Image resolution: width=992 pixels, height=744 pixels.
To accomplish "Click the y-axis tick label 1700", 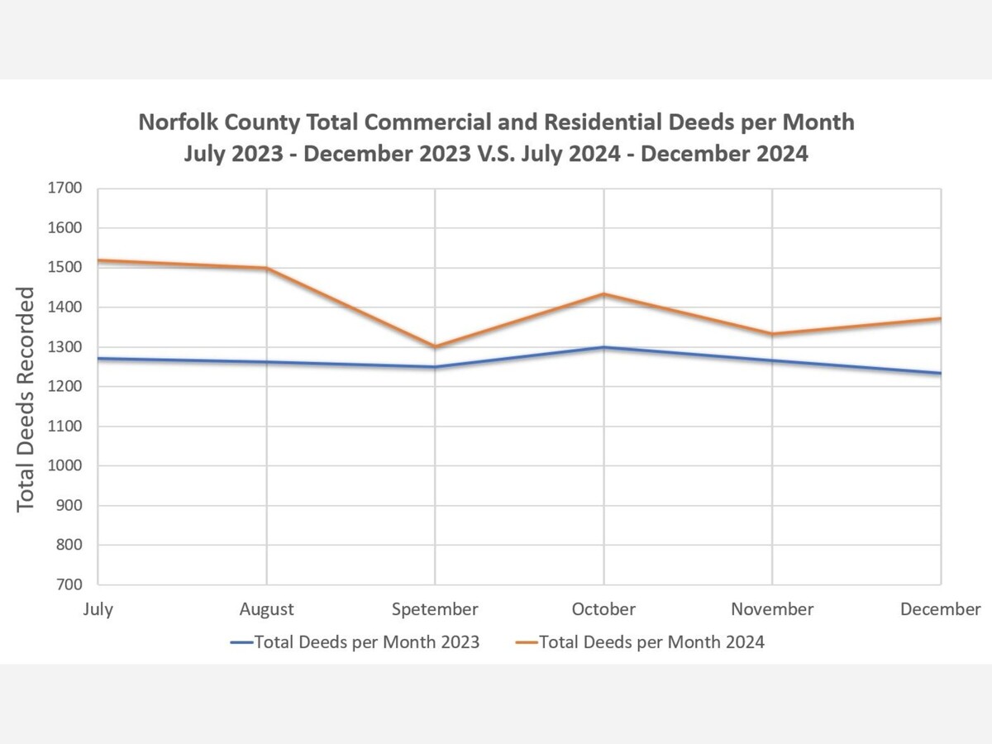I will click(x=64, y=188).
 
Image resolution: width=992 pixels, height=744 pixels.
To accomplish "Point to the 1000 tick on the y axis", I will click(x=64, y=466).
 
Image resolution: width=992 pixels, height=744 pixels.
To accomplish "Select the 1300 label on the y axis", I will click(x=64, y=347).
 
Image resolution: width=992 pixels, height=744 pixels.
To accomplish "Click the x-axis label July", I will click(x=98, y=609).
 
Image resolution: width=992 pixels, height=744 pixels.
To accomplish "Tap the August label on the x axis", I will click(x=266, y=609).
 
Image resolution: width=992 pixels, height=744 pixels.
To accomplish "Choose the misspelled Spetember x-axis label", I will click(x=435, y=609).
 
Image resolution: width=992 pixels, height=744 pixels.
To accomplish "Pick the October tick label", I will click(x=603, y=609).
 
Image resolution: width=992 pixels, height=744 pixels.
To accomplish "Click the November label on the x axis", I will click(x=772, y=609).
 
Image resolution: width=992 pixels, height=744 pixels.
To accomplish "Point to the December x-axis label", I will click(x=940, y=609).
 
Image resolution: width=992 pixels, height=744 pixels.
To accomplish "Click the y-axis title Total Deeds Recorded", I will click(x=26, y=398).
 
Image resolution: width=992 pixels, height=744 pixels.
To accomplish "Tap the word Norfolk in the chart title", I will click(x=174, y=122).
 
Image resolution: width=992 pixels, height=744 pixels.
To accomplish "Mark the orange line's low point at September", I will click(x=435, y=346).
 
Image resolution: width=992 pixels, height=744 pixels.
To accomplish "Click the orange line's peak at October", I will click(x=603, y=293).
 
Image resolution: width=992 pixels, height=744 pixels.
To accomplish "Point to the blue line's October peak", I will click(x=603, y=347).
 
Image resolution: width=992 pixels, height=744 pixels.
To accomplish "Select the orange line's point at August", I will click(x=266, y=269).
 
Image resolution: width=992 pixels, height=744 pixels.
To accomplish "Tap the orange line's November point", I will click(x=772, y=334).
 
